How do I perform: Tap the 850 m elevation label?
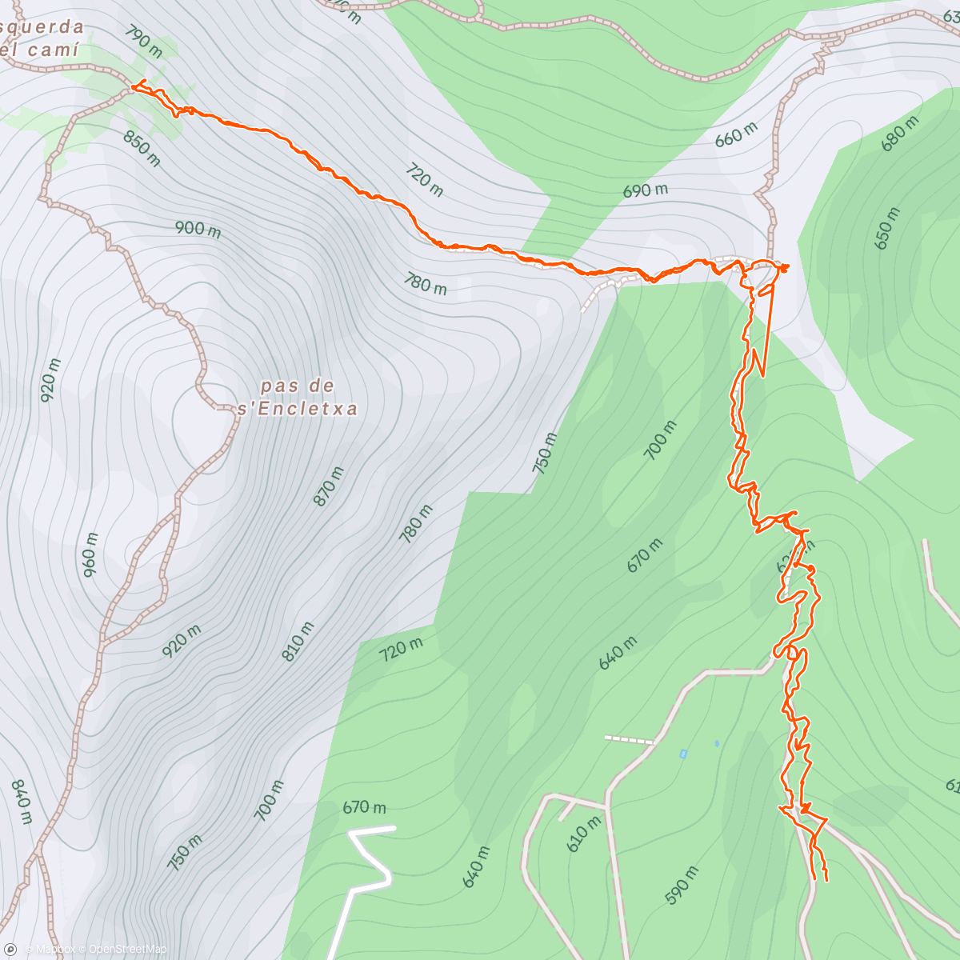point(142,149)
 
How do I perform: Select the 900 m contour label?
point(198,229)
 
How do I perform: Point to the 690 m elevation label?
point(645,191)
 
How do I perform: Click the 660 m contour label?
point(735,135)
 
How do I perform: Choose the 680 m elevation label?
point(900,134)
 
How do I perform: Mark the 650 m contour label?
point(887,229)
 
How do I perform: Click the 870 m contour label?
point(329,486)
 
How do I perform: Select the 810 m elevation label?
point(298,641)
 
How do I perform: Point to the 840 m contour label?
point(22,801)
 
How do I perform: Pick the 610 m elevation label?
point(583,833)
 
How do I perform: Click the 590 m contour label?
point(681,885)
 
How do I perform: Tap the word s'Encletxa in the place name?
point(298,410)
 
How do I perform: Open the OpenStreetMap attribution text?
point(127,950)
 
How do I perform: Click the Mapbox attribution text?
point(54,950)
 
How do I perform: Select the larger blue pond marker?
point(682,754)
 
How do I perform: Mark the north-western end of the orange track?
point(134,85)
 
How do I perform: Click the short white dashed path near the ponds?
point(629,740)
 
